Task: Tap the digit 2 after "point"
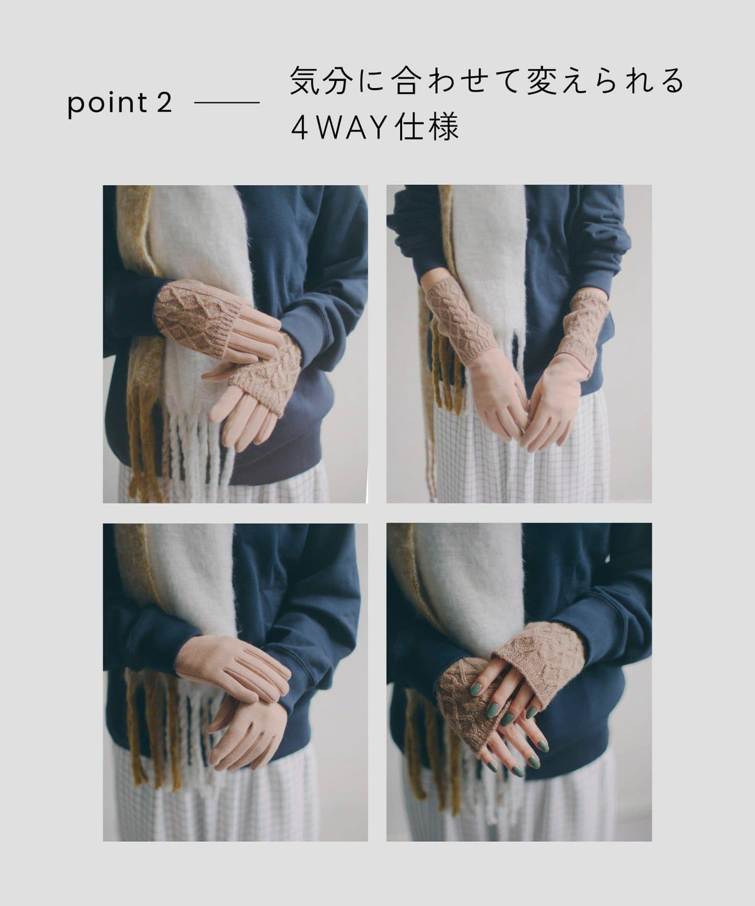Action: tap(164, 103)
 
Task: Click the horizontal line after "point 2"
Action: tap(227, 103)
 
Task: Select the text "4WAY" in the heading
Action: tap(339, 128)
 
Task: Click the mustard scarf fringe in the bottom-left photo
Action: tap(150, 734)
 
